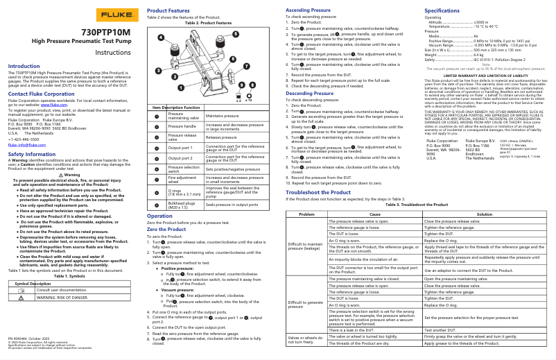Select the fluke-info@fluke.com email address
coord(26,144)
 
